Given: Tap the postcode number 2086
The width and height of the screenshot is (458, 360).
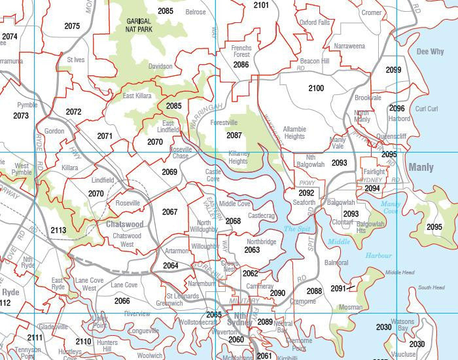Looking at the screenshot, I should point(241,65).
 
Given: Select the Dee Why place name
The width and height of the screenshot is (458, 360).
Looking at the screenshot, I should point(430,51).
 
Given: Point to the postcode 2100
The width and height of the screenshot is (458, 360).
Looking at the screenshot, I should point(315,88).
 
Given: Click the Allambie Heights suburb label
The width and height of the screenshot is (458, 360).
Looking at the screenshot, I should point(294,133).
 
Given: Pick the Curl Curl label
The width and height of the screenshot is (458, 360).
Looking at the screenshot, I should point(427,109).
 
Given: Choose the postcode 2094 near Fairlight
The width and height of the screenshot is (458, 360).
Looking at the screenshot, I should point(372,188).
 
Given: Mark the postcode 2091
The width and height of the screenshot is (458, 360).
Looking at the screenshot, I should point(338,288).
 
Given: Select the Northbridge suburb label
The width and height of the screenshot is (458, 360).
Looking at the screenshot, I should point(262,242).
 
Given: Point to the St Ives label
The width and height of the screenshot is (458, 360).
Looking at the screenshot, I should point(76,60).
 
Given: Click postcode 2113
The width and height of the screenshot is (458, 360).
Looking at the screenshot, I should point(58,230).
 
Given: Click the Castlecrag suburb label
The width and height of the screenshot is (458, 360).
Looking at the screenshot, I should point(261,215).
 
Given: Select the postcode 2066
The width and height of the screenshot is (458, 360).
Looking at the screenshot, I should point(122,300).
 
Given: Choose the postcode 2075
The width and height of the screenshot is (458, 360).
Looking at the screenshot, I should point(72,26).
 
